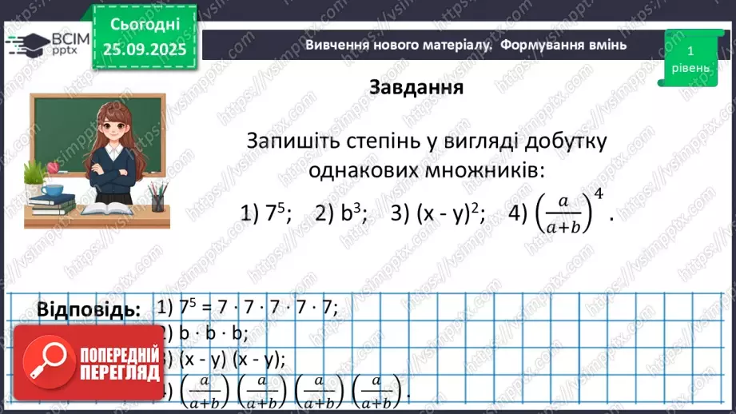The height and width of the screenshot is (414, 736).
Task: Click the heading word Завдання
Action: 416,87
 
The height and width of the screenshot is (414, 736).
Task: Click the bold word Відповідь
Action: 88,309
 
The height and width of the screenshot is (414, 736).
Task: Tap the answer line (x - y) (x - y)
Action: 226,358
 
